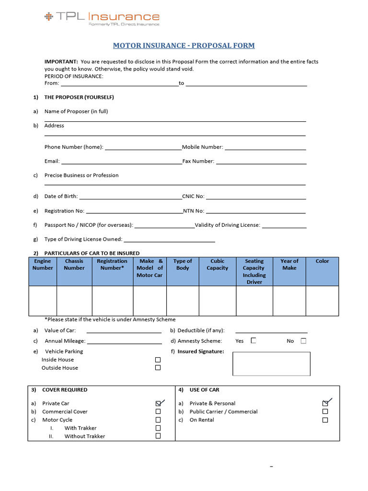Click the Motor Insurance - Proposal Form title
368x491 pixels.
point(184,46)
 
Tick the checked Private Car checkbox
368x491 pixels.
point(158,404)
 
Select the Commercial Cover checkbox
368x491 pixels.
point(158,412)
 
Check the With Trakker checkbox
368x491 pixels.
point(158,428)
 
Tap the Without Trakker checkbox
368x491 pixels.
point(158,436)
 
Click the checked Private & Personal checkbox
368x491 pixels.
point(325,404)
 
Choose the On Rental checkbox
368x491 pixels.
point(325,420)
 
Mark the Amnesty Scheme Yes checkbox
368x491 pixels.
point(253,341)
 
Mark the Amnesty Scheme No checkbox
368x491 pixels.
point(303,341)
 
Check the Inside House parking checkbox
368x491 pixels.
point(158,360)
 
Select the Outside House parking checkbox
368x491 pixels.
point(158,368)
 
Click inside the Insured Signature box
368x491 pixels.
point(271,363)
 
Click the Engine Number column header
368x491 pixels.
point(43,265)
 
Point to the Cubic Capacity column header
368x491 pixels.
point(217,265)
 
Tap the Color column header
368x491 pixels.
point(322,261)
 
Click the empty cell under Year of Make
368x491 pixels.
point(289,301)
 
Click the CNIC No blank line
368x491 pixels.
point(256,197)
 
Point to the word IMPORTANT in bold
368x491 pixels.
point(61,62)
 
